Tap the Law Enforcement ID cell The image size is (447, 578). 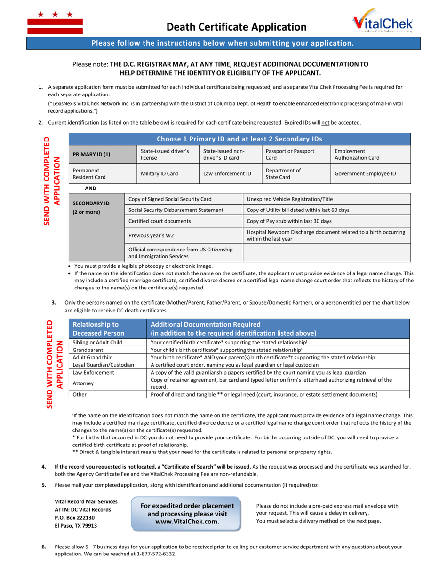coord(227,173)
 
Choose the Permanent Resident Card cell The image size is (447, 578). coord(102,173)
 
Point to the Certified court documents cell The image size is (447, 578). coord(184,221)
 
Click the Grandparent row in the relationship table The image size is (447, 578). coord(108,350)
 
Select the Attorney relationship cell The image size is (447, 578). coord(108,383)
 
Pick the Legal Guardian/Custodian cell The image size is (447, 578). coord(108,365)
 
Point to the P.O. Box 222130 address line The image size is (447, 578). coord(75,517)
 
